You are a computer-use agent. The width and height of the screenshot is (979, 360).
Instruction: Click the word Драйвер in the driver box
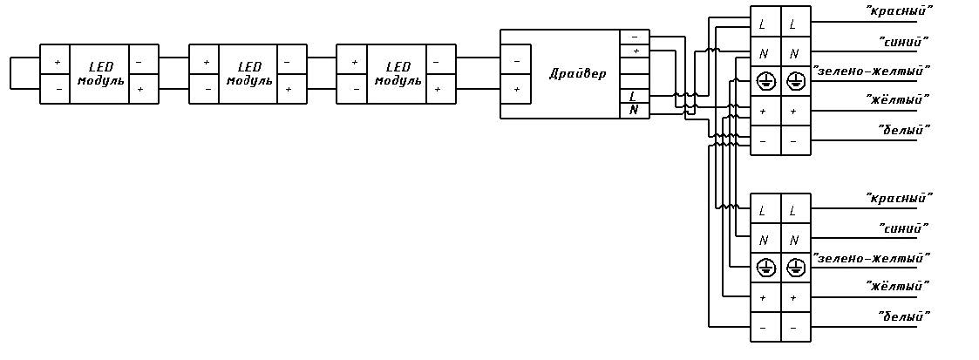point(577,73)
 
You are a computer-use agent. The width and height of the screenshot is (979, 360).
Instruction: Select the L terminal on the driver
point(633,96)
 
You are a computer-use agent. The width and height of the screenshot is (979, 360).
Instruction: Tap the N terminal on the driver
point(633,110)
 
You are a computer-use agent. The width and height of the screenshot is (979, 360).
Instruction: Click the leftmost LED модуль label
point(100,73)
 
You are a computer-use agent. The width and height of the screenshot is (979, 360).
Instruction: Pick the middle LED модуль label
point(249,73)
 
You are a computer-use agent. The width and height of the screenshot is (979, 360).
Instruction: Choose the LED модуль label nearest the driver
point(398,73)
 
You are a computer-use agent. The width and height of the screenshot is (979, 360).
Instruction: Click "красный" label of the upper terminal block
point(899,10)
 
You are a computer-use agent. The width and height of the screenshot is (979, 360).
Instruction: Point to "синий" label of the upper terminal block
point(902,41)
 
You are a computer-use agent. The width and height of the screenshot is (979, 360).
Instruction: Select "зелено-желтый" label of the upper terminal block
point(872,70)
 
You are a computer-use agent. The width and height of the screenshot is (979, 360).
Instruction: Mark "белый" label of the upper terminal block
point(903,130)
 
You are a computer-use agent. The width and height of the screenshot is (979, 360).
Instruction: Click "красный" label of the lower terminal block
point(899,198)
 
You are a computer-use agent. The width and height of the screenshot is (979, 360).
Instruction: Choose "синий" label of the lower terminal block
point(902,228)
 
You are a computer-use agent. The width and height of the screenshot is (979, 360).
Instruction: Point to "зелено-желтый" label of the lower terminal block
point(872,258)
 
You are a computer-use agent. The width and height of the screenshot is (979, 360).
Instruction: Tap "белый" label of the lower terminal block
point(903,316)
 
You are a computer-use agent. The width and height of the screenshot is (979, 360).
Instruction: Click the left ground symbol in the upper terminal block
point(765,82)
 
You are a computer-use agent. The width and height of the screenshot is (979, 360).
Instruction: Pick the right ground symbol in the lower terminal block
point(794,268)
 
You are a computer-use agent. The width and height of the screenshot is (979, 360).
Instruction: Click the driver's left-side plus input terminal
point(516,89)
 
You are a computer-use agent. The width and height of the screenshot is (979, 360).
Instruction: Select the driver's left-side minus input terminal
point(516,61)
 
